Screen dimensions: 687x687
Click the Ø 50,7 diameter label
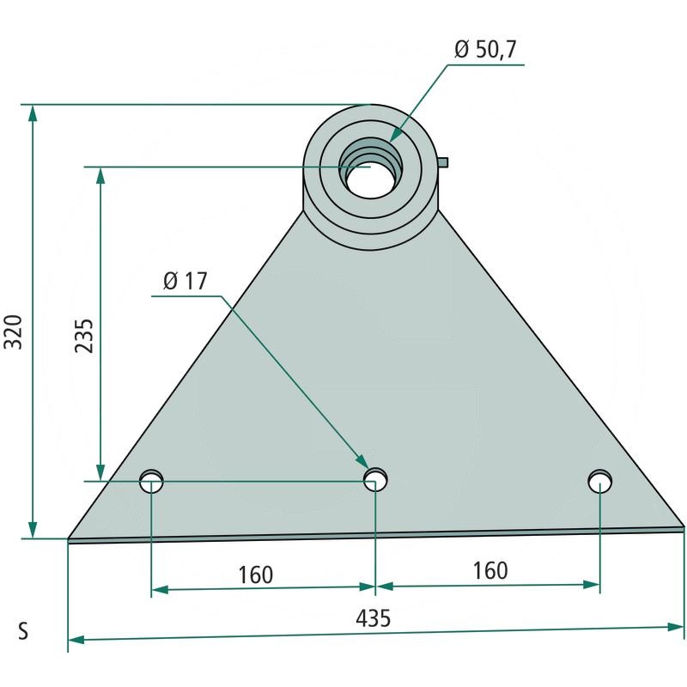click(x=485, y=49)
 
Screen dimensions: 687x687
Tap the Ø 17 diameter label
click(x=185, y=281)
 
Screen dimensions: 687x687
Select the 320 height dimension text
click(x=13, y=331)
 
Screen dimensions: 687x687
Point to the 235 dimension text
click(x=84, y=336)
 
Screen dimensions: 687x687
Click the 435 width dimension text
click(x=373, y=618)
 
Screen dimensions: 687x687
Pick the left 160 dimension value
click(x=255, y=575)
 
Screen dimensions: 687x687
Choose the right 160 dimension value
click(x=490, y=571)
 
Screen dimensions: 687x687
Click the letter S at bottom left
click(x=23, y=631)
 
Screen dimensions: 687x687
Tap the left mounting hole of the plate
click(x=151, y=481)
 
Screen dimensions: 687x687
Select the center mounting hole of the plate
click(x=375, y=479)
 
